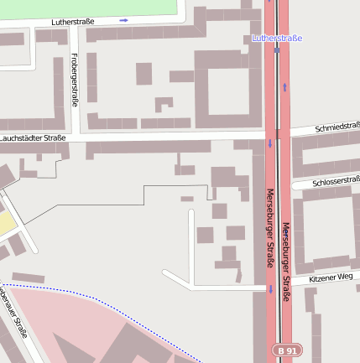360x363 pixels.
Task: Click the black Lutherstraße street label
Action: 73,21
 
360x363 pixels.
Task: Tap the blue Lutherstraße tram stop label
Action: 277,39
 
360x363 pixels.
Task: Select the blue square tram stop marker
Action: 277,50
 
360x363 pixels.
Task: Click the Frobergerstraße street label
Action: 75,80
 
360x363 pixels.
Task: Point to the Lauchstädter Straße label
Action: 33,137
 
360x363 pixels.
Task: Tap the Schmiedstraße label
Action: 337,127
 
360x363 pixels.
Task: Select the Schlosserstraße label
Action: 336,181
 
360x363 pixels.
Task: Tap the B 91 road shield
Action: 285,350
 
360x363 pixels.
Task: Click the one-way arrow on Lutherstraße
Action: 124,20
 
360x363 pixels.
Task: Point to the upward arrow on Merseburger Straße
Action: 284,86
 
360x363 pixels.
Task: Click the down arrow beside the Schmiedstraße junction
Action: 270,143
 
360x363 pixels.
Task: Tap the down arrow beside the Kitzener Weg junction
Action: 270,289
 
